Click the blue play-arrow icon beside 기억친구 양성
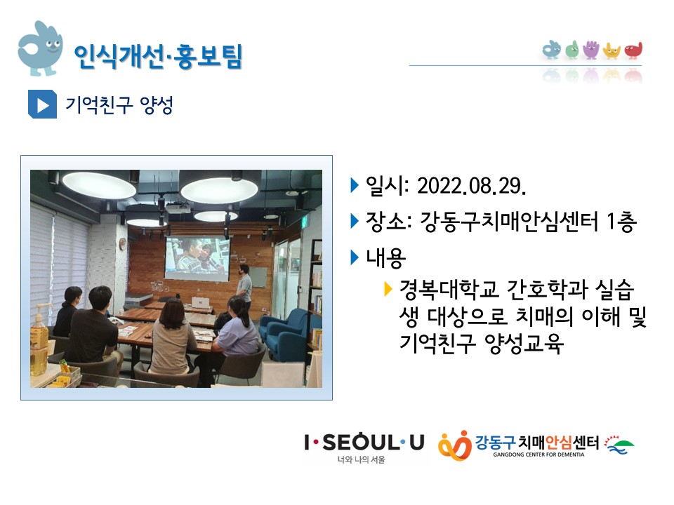point(42,105)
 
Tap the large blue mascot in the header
point(40,48)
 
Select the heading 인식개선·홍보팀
point(158,56)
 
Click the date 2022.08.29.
point(472,186)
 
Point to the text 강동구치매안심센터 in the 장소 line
point(509,222)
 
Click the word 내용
point(385,257)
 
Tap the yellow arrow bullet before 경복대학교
point(388,289)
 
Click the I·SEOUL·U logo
point(364,443)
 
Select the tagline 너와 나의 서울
point(361,459)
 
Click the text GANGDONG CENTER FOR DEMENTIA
point(538,454)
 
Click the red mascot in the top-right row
point(633,50)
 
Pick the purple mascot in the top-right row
point(591,49)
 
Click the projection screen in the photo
point(197,259)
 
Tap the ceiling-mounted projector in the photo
point(178,209)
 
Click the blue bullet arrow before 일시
point(355,185)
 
